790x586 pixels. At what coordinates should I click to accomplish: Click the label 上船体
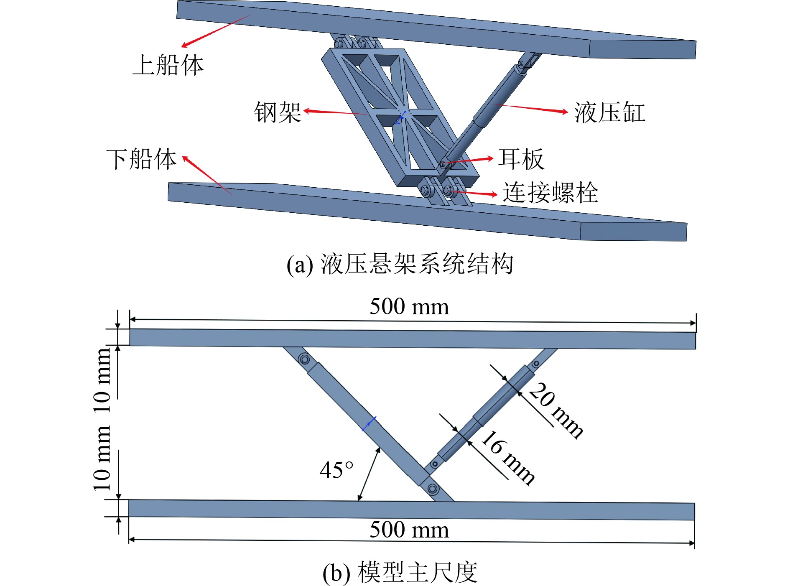click(168, 65)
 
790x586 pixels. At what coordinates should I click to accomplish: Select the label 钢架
click(278, 112)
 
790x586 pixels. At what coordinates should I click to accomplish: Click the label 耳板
click(521, 159)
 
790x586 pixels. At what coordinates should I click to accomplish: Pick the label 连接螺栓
click(550, 193)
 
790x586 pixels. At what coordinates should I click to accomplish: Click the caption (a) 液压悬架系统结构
click(400, 264)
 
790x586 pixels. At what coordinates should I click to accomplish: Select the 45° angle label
click(336, 470)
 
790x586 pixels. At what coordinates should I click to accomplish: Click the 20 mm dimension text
click(556, 410)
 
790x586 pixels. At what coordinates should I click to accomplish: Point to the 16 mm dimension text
click(507, 457)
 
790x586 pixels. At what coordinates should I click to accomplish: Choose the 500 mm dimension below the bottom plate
click(409, 530)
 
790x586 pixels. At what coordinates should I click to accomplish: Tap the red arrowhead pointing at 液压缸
click(564, 112)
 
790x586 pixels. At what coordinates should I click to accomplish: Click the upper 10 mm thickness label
click(102, 380)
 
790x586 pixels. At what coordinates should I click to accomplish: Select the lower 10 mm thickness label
click(102, 458)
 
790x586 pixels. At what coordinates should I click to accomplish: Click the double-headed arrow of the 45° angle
click(369, 474)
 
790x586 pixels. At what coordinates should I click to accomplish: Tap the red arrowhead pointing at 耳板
click(490, 158)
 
